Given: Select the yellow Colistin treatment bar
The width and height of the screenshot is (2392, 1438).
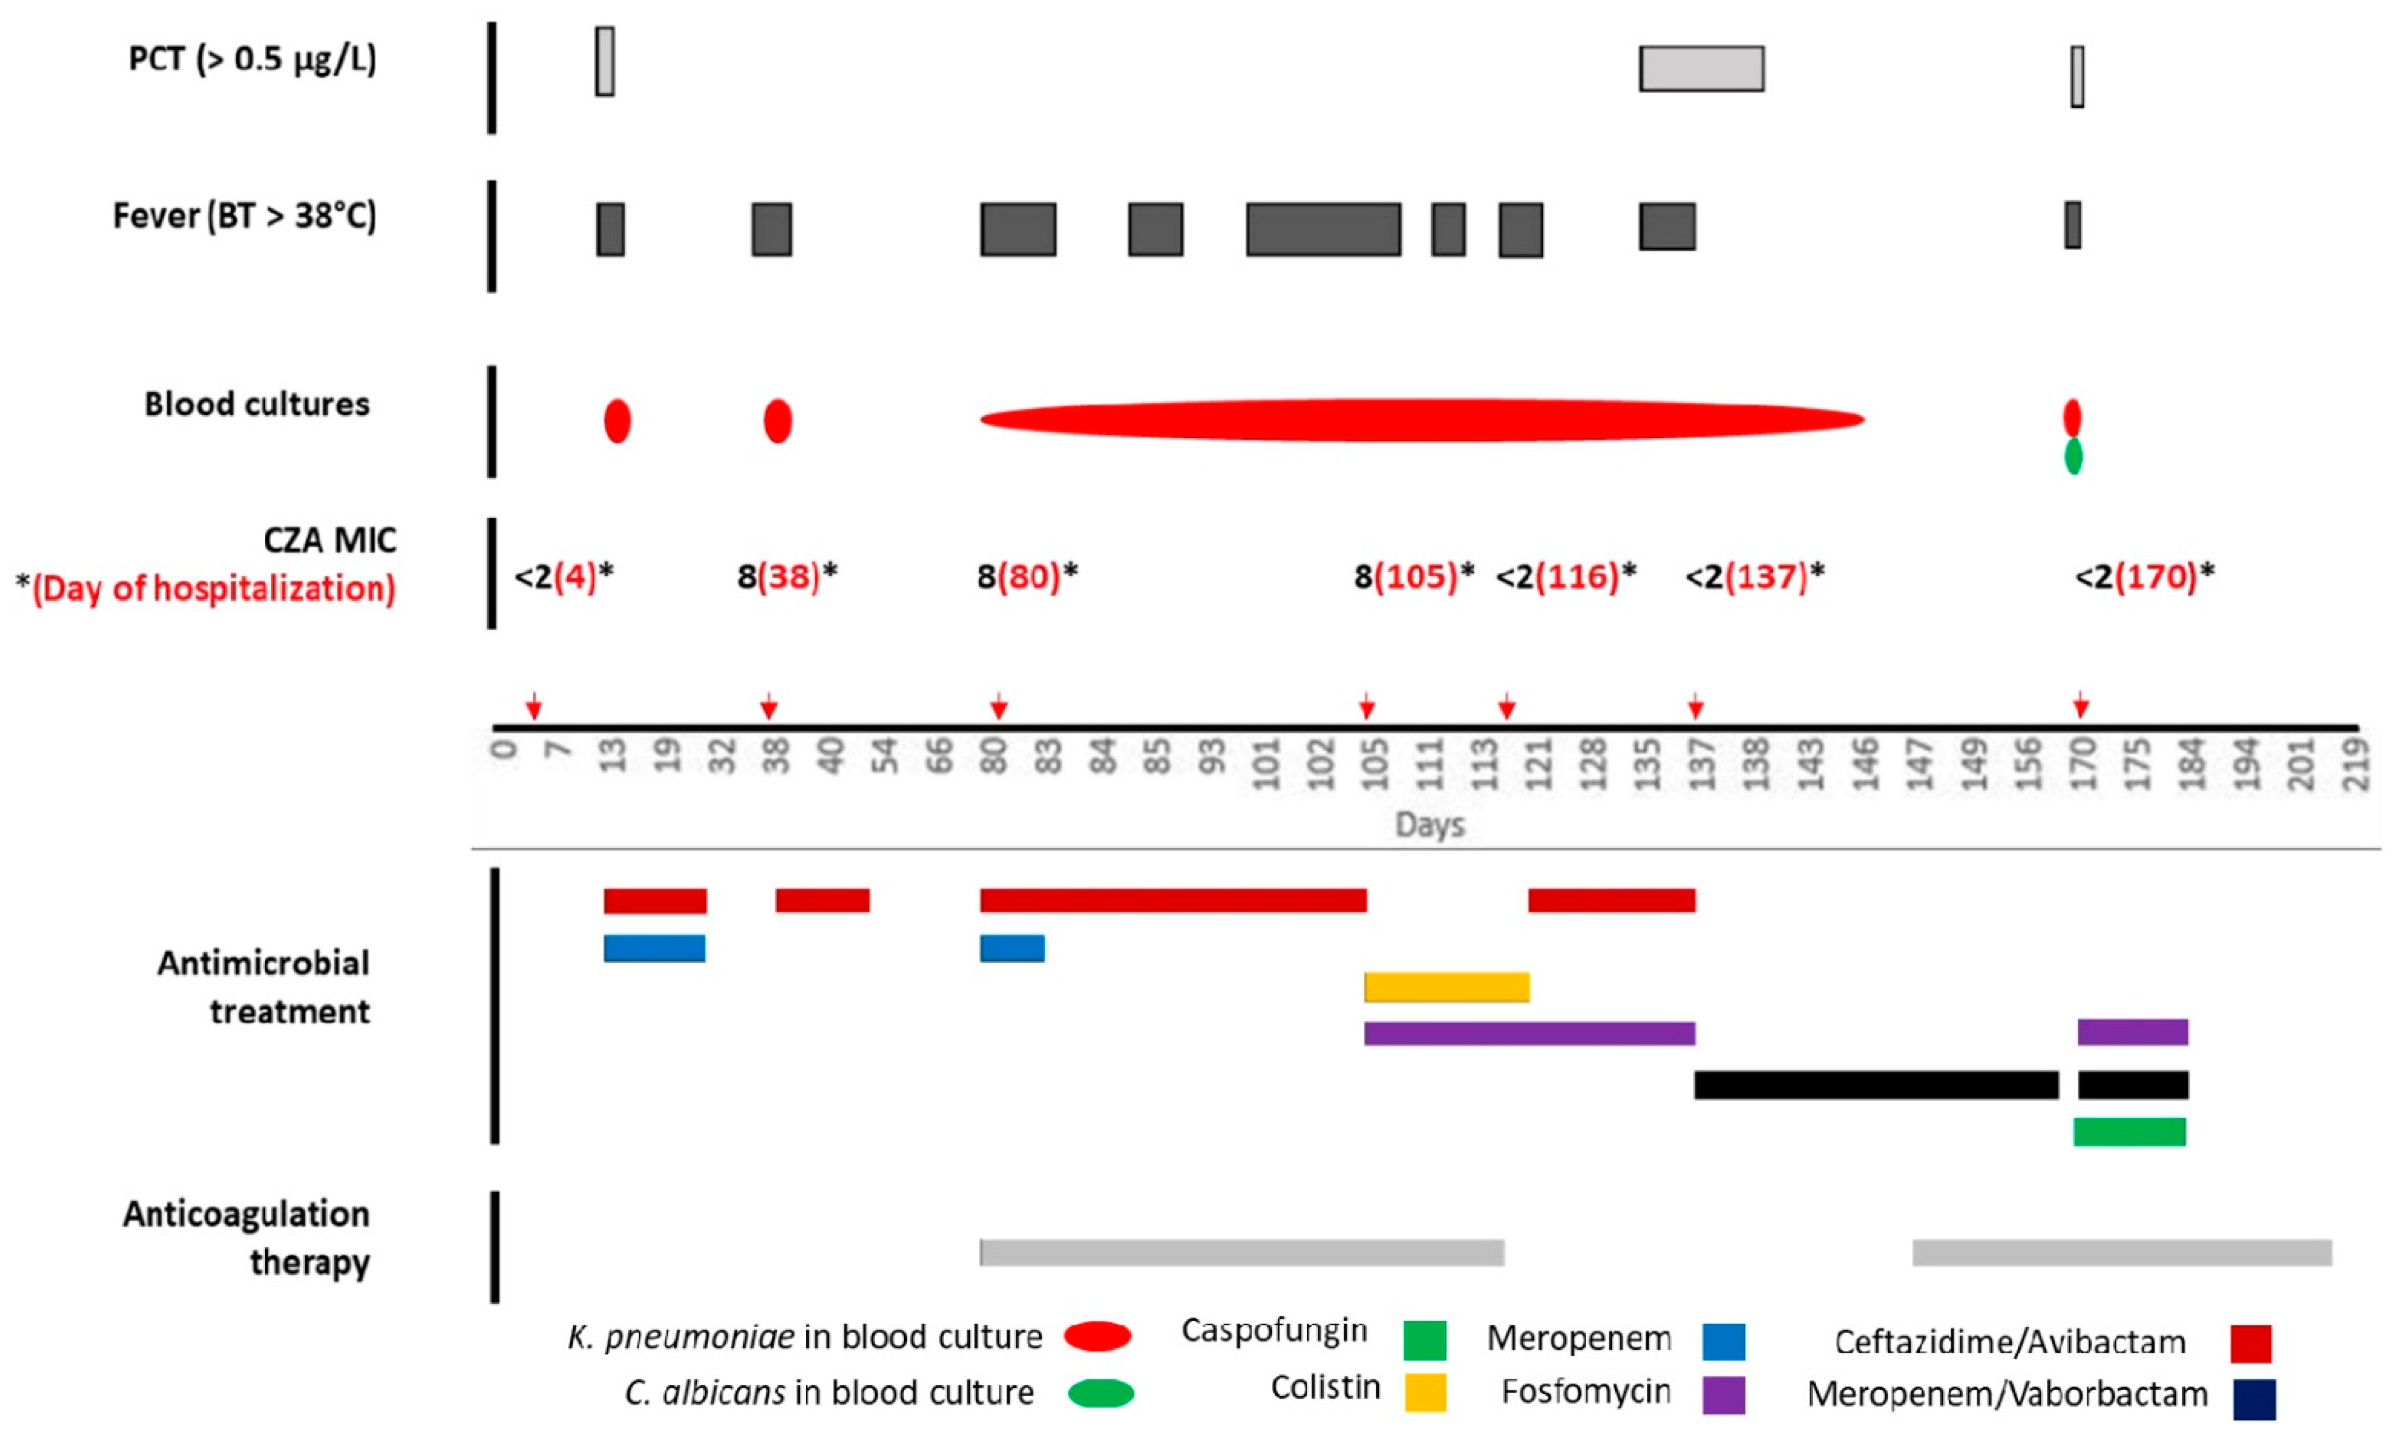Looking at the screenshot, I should pyautogui.click(x=1446, y=986).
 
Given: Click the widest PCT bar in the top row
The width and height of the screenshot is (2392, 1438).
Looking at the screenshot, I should pyautogui.click(x=1701, y=69).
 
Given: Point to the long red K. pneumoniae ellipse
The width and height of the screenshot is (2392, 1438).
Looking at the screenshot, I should pyautogui.click(x=1422, y=420).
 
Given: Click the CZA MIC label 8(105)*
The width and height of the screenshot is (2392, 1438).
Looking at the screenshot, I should pyautogui.click(x=1413, y=577).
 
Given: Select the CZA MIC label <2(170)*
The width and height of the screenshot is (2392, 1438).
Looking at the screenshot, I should pyautogui.click(x=2144, y=577).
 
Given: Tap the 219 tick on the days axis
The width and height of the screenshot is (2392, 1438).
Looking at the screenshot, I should pyautogui.click(x=2355, y=764).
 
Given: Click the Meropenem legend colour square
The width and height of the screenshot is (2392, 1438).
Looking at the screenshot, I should pyautogui.click(x=1723, y=1341).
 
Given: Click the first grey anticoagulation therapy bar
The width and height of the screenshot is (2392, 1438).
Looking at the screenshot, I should pyautogui.click(x=1241, y=1252).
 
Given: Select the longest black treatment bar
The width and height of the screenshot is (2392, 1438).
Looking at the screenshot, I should pyautogui.click(x=1876, y=1085).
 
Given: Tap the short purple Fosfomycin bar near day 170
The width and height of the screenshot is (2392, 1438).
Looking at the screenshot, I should pyautogui.click(x=2132, y=1032).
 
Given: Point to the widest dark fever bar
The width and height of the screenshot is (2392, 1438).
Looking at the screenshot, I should pyautogui.click(x=1323, y=229).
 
